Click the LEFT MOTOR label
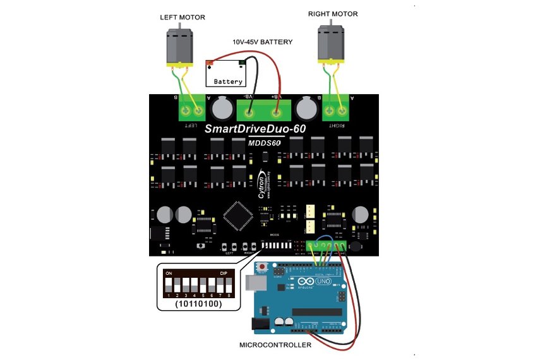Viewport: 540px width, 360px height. [181, 18]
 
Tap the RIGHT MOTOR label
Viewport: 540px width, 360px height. [332, 13]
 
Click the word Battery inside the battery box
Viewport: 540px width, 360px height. [228, 81]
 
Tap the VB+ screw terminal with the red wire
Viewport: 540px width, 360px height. [276, 114]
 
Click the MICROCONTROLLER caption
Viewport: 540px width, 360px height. [275, 345]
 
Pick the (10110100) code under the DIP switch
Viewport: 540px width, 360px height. [198, 304]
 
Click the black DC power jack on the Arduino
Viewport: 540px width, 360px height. [260, 325]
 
